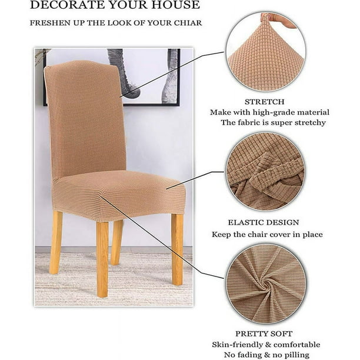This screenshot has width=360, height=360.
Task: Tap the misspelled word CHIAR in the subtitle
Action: point(188,23)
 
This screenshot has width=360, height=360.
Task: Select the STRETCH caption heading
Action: point(264,102)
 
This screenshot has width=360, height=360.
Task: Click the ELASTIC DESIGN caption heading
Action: point(264,222)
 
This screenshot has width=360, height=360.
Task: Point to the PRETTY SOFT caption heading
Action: point(264,334)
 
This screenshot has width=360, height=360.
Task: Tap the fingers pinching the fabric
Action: point(278,20)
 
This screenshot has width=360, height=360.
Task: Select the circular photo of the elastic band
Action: point(266,172)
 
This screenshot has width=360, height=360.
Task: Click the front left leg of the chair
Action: point(102,259)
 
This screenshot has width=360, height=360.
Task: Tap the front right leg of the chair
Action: point(177,249)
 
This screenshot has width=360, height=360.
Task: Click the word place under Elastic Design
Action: point(312,235)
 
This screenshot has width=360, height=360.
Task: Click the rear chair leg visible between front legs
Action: point(116,242)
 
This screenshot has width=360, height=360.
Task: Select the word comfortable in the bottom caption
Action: point(296,345)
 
